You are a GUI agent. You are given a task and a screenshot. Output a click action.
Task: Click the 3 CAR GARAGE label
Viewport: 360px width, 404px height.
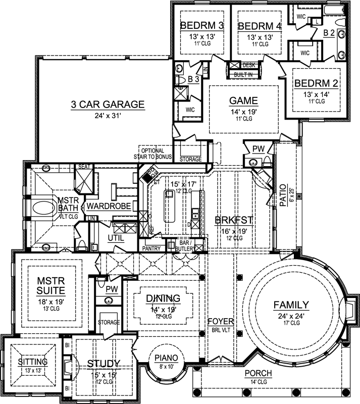(x=107, y=105)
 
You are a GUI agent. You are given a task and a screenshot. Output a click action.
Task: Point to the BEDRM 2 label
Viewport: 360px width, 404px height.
(x=317, y=83)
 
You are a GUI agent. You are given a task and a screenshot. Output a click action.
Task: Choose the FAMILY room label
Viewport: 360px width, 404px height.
(x=291, y=305)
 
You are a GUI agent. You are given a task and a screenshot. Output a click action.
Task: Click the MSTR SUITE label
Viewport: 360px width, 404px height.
(x=50, y=285)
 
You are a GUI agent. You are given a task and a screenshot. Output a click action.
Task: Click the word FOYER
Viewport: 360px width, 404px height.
(x=221, y=321)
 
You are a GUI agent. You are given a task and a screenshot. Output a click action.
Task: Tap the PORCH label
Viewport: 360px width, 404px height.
(x=258, y=374)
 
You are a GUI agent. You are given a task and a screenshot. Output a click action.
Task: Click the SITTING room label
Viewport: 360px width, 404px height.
(x=32, y=362)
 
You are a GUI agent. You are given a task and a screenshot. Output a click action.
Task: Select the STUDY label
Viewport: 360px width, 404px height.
(x=104, y=364)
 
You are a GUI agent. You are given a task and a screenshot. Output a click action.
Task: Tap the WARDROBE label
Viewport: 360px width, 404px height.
(x=109, y=207)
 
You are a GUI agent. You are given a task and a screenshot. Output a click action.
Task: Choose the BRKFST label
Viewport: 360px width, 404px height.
(x=230, y=220)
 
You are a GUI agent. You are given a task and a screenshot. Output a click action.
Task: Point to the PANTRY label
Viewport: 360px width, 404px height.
(x=151, y=248)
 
